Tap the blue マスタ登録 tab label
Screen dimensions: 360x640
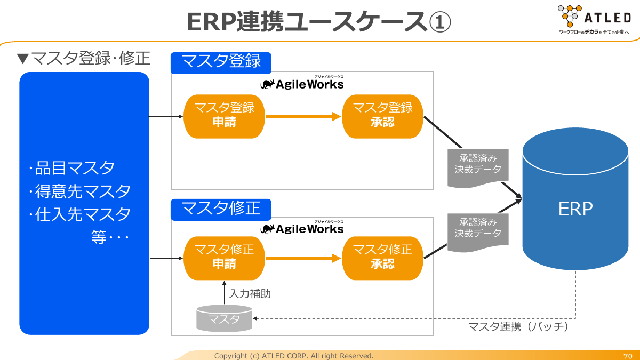click(221, 62)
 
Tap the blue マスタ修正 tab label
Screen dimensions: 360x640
click(221, 209)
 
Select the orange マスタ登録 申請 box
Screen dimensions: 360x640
click(224, 115)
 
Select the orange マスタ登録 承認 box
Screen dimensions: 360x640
click(382, 115)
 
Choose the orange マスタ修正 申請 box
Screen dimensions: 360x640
click(224, 258)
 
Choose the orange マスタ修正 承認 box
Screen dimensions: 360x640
click(382, 258)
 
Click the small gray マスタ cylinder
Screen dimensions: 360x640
click(224, 318)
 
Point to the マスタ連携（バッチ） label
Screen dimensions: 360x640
click(518, 326)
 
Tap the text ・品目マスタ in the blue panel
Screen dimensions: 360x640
click(72, 168)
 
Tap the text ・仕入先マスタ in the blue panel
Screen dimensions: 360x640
click(80, 214)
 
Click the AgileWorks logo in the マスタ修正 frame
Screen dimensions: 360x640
click(302, 229)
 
